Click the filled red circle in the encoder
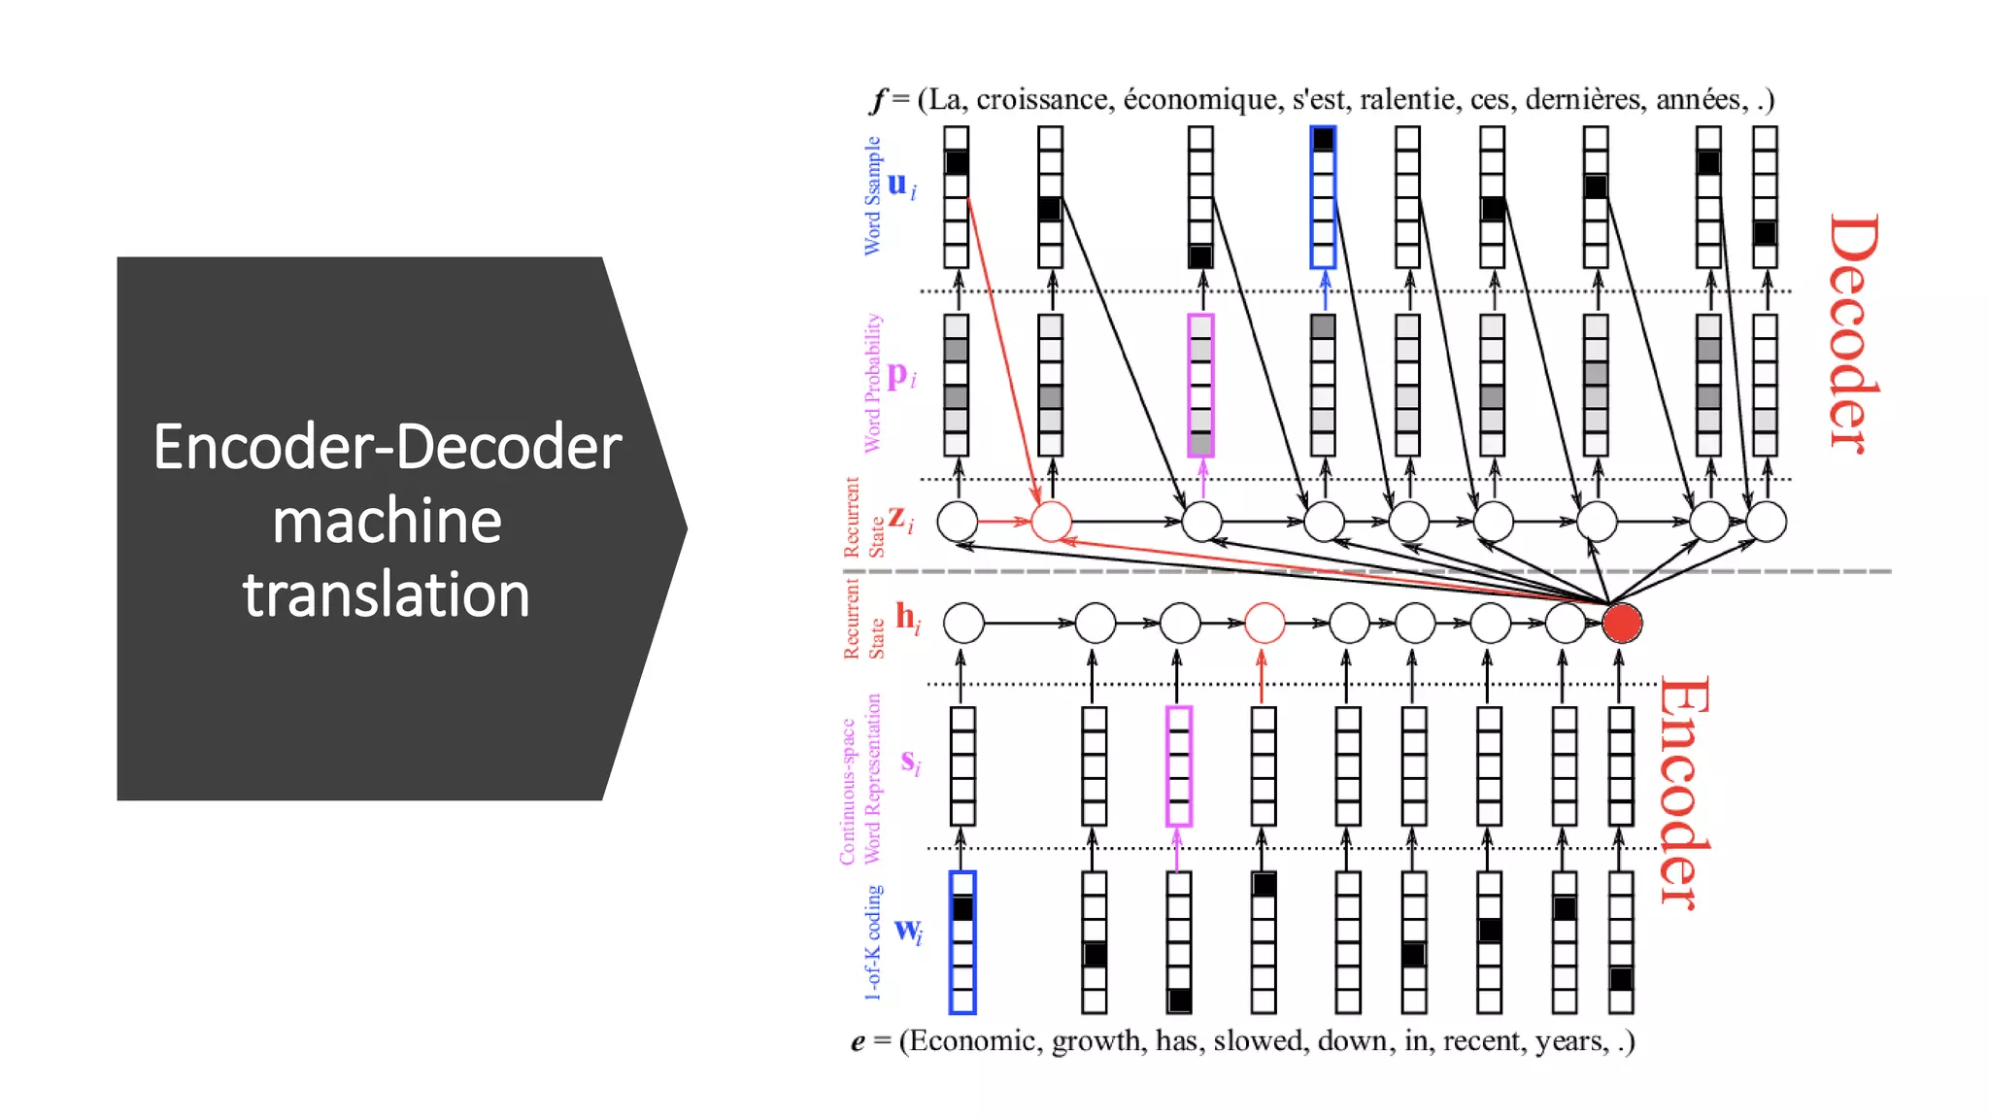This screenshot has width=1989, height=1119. coord(1621,623)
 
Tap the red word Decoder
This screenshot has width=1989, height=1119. coord(1853,333)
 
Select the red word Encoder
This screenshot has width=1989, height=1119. coord(1684,792)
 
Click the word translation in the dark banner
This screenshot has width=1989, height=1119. coord(386,594)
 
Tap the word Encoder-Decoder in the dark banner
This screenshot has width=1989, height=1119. coord(387,447)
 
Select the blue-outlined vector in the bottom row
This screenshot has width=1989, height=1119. coord(961,942)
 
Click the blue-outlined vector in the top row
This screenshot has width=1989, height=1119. coord(1323,197)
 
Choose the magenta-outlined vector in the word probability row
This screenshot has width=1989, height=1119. coord(1200,386)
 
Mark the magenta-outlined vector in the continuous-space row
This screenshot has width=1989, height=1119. coord(1178,766)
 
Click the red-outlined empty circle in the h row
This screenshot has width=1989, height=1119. coord(1264,623)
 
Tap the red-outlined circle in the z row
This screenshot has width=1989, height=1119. coord(1051,522)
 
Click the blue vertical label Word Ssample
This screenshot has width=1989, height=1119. coord(872,196)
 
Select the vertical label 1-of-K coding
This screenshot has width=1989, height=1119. coord(873,942)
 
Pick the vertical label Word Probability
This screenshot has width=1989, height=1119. coord(872,383)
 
